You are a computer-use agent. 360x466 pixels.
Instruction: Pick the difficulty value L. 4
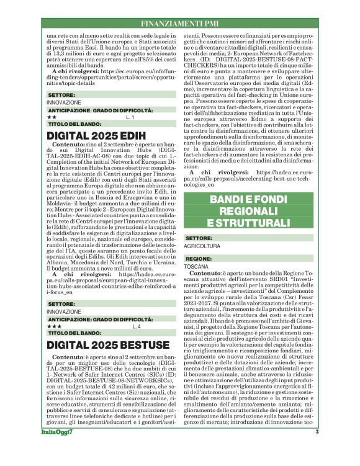(137, 325)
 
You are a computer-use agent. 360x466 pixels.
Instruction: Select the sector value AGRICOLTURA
(202, 246)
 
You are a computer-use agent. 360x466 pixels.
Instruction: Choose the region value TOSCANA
(197, 266)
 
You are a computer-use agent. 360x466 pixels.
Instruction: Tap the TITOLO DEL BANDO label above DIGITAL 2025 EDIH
(76, 124)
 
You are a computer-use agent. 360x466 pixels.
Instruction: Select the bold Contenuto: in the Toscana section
(209, 272)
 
